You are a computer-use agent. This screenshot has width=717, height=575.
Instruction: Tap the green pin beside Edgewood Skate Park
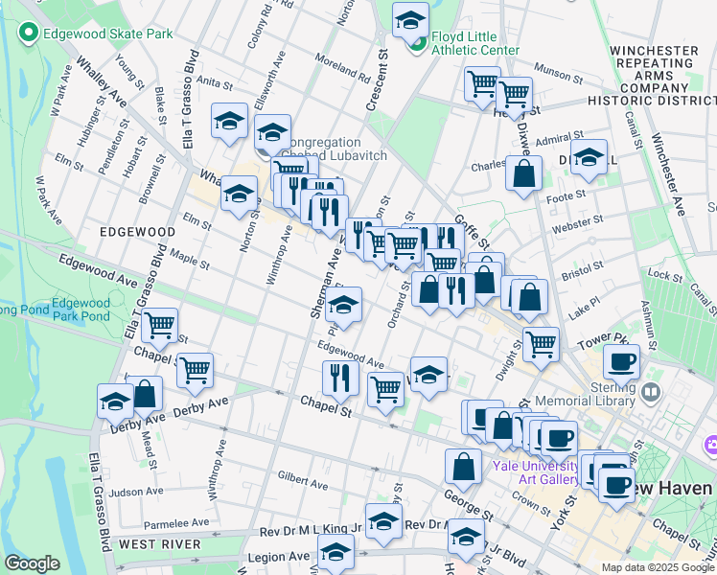point(28,34)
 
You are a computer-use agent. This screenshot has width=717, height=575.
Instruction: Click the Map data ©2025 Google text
point(658,567)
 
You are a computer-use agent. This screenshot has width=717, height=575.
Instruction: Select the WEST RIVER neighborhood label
point(159,544)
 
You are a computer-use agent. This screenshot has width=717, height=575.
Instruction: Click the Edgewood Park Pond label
point(81,309)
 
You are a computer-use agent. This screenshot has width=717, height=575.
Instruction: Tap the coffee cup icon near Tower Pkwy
point(621,362)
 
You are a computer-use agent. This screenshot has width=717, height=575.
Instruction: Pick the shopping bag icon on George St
point(463,467)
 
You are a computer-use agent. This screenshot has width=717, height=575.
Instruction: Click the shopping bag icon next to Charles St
point(523,174)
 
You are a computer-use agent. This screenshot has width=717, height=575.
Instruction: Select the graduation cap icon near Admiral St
point(590,157)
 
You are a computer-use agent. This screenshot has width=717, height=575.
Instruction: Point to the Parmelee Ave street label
point(175,524)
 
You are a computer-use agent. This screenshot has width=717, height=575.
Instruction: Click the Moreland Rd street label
point(332,68)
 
